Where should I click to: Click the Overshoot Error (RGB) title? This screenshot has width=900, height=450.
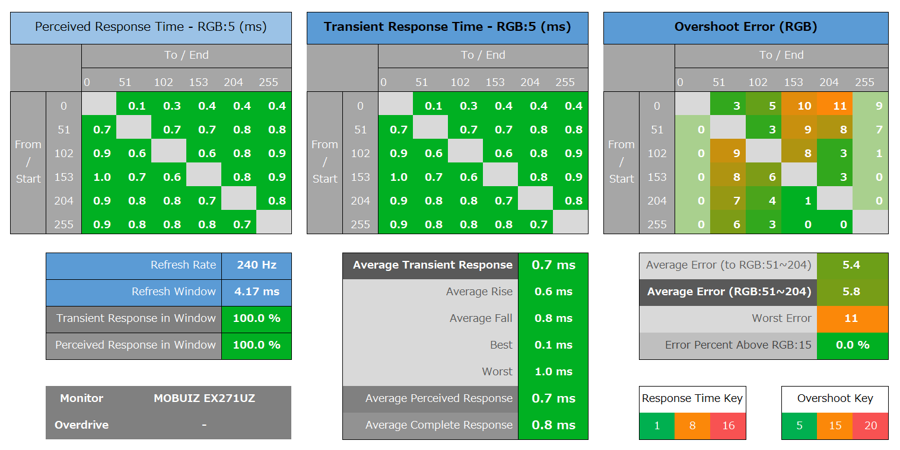[746, 27]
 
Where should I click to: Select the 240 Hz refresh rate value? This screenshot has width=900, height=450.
[256, 265]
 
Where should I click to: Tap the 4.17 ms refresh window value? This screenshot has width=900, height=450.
[256, 292]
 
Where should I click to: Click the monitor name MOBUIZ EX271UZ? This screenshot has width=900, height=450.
[204, 398]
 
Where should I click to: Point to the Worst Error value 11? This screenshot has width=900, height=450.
[851, 318]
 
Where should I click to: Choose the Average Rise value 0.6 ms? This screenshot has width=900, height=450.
[552, 292]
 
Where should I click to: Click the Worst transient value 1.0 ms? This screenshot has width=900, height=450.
[552, 372]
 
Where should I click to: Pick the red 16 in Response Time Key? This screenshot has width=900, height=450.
[729, 426]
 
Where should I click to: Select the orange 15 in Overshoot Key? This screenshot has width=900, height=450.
[835, 426]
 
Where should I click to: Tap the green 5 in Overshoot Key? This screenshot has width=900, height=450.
[799, 426]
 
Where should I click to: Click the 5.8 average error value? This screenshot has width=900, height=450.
[851, 292]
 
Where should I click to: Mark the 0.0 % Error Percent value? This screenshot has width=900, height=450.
[851, 345]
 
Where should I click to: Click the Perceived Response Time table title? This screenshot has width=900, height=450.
[151, 27]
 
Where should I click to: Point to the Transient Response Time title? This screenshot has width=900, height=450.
[447, 27]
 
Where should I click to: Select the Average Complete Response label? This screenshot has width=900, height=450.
[438, 425]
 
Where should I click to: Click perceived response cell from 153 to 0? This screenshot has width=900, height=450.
[101, 177]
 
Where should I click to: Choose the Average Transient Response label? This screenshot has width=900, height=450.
[432, 265]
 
